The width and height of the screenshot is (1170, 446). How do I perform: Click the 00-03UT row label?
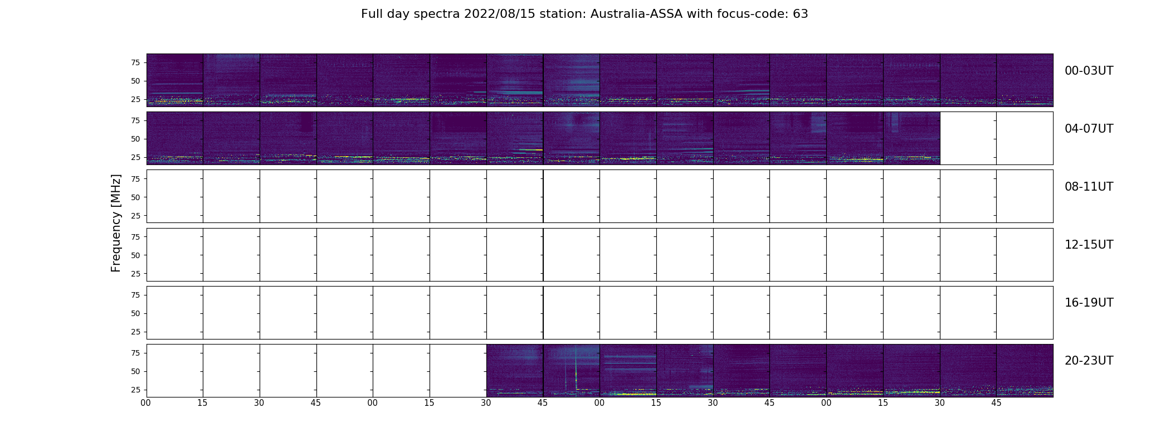[x=1089, y=71]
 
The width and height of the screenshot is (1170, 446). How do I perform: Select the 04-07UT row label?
[x=1089, y=129]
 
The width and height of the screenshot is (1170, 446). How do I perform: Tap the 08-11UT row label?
[x=1089, y=187]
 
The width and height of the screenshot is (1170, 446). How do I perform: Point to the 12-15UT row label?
[x=1089, y=245]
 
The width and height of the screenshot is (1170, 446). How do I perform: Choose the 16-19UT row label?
[x=1089, y=303]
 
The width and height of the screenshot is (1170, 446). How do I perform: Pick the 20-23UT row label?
[x=1089, y=361]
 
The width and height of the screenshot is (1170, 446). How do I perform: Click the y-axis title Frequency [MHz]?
[x=116, y=223]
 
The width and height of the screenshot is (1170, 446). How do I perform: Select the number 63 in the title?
[x=800, y=14]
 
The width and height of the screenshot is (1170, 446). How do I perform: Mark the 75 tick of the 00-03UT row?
[x=135, y=62]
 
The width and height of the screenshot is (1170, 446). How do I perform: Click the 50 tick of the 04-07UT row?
[x=135, y=139]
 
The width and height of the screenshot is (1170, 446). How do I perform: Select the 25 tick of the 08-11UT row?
[x=135, y=216]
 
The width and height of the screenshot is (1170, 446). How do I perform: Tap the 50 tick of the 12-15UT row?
[x=135, y=255]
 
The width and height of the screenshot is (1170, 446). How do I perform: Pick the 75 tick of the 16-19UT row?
[x=135, y=295]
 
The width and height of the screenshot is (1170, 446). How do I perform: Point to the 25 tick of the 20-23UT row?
[x=135, y=390]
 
